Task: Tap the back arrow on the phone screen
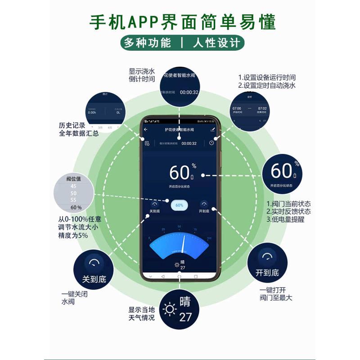[x=146, y=130]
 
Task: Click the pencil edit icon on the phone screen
[x=212, y=130]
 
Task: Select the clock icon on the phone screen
[x=212, y=143]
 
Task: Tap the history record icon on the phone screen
[x=147, y=144]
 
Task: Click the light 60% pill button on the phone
[x=179, y=205]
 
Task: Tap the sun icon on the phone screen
[x=176, y=265]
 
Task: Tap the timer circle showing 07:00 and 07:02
[x=249, y=110]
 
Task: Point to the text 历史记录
[x=72, y=126]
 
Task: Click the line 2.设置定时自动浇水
[x=266, y=85]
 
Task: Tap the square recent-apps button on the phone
[x=196, y=276]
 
